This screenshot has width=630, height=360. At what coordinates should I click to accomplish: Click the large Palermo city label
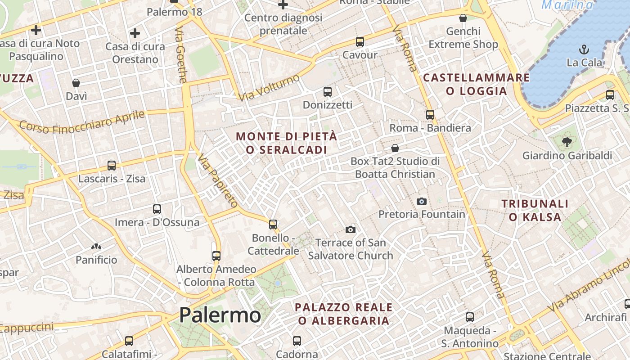(x=220, y=315)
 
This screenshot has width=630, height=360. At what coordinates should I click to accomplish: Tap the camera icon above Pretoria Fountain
(x=422, y=201)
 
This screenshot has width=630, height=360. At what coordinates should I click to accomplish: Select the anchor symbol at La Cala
(x=584, y=49)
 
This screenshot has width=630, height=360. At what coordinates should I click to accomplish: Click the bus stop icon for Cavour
(x=360, y=42)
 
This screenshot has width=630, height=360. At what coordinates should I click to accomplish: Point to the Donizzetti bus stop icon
(x=328, y=92)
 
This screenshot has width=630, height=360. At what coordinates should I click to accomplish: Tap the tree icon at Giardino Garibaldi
(x=567, y=142)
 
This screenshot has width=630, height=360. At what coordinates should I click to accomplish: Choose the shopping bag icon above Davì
(x=76, y=83)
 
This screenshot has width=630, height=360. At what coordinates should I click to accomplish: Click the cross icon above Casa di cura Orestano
(x=135, y=33)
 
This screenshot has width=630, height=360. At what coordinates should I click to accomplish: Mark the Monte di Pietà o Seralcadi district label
(x=286, y=143)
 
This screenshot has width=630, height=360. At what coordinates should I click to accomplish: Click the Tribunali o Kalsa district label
(x=535, y=210)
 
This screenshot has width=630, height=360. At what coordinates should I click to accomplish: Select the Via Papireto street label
(x=217, y=180)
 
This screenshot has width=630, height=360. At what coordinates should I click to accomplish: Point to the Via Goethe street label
(x=181, y=55)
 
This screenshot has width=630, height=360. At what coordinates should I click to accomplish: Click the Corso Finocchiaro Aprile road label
(x=82, y=122)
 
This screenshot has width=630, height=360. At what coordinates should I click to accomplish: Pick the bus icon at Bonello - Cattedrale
(x=273, y=224)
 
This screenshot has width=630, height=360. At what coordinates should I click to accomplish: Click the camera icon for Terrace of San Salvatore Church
(x=350, y=230)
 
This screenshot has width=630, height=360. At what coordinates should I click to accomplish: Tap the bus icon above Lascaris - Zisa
(x=112, y=165)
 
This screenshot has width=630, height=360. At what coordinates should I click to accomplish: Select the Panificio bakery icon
(x=96, y=247)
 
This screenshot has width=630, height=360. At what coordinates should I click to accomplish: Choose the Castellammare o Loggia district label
(x=477, y=84)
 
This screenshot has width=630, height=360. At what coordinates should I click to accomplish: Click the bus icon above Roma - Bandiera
(x=430, y=114)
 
